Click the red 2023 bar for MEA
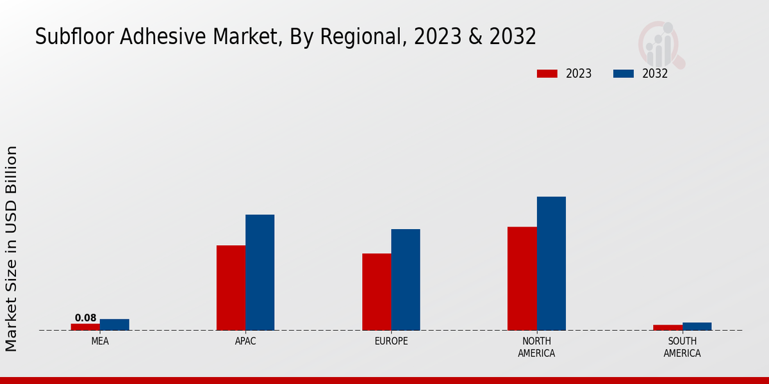point(85,327)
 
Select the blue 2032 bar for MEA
point(115,324)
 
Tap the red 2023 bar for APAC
point(231,288)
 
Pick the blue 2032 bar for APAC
point(260,273)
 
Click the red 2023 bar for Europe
point(376,292)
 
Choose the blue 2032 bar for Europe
point(406,280)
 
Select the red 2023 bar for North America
point(522,278)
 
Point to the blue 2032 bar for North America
point(551,264)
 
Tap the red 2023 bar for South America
point(668,328)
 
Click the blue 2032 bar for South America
point(697,326)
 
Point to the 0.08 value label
point(85,318)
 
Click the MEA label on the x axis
point(100,341)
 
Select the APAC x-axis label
point(245,341)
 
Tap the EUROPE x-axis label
point(391,341)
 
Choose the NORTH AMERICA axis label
point(536,347)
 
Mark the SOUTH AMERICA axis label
point(682,347)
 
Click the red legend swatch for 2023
point(547,74)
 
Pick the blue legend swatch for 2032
point(623,74)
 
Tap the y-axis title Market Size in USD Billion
point(12,248)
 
